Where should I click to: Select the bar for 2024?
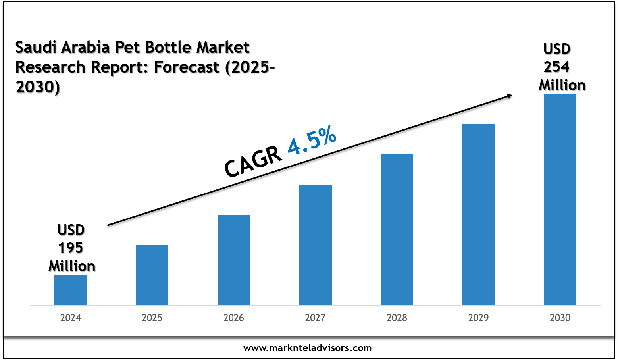[70, 290]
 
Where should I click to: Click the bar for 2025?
[152, 275]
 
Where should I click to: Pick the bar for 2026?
[234, 260]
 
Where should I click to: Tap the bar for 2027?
[315, 245]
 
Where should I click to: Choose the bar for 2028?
[397, 230]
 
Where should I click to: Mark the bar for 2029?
[479, 214]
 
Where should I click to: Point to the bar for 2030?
[560, 199]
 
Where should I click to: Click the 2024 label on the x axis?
[70, 318]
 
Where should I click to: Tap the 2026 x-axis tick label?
[234, 318]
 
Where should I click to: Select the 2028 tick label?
[397, 318]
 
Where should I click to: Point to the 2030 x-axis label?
[560, 318]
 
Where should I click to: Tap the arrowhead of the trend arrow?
[508, 96]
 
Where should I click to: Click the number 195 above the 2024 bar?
[71, 248]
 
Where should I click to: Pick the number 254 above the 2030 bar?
[556, 67]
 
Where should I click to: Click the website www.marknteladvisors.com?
[308, 348]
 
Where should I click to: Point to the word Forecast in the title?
[187, 67]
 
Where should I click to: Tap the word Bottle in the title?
[168, 48]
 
